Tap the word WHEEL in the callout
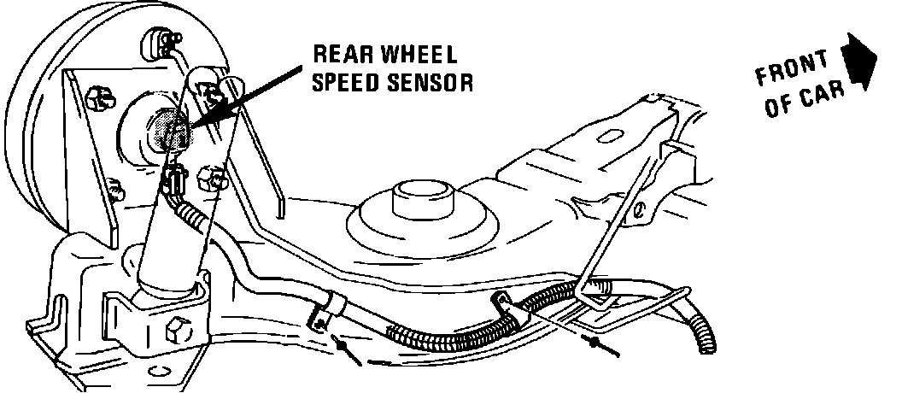pos(420,56)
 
